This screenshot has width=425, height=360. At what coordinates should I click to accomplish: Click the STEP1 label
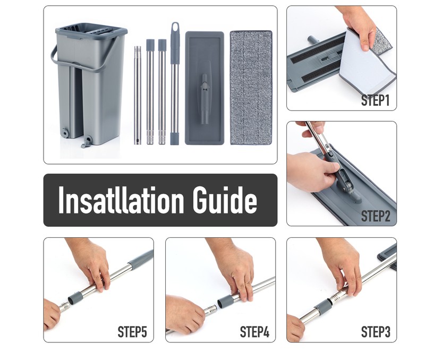(376, 100)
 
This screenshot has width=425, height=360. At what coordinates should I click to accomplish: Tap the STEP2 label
(376, 216)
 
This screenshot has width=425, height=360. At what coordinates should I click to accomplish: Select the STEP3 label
(376, 332)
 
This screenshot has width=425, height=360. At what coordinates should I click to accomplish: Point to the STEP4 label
(254, 332)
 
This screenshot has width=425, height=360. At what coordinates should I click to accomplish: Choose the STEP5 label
(132, 332)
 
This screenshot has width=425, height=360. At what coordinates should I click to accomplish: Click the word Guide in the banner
(225, 200)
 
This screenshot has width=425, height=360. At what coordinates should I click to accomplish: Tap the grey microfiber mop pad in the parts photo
(251, 88)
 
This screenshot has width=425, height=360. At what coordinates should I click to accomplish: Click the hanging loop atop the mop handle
(175, 28)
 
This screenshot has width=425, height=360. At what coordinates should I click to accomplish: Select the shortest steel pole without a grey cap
(138, 96)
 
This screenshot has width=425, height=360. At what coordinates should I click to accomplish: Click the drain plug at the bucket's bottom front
(87, 141)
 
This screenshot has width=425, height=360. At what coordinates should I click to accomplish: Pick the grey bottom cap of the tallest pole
(175, 138)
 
